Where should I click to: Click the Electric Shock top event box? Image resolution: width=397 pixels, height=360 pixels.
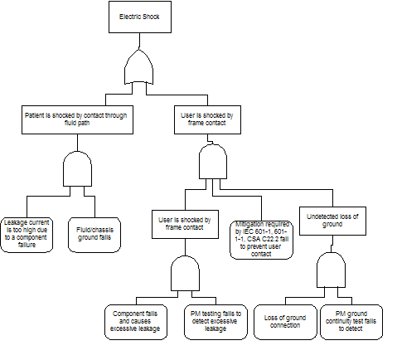pyautogui.click(x=140, y=17)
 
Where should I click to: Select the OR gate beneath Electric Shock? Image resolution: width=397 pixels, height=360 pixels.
pyautogui.click(x=138, y=67)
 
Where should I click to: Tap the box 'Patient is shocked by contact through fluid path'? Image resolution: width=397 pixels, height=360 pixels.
pyautogui.click(x=77, y=119)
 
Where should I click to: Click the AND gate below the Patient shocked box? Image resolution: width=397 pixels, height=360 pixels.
pyautogui.click(x=77, y=168)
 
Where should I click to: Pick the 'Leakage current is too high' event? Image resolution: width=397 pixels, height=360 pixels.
pyautogui.click(x=27, y=235)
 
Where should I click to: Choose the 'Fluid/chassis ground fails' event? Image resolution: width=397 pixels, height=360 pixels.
pyautogui.click(x=94, y=235)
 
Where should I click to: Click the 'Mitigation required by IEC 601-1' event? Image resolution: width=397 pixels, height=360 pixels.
pyautogui.click(x=261, y=240)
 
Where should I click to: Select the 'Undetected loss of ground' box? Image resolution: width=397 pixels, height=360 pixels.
pyautogui.click(x=332, y=221)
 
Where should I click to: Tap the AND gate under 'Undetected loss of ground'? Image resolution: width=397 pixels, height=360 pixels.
pyautogui.click(x=331, y=270)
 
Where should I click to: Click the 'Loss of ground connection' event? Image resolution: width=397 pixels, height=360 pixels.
pyautogui.click(x=285, y=322)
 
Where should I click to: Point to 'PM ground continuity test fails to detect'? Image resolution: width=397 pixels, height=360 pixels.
pyautogui.click(x=351, y=322)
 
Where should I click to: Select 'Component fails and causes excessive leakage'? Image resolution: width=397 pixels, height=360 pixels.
pyautogui.click(x=136, y=322)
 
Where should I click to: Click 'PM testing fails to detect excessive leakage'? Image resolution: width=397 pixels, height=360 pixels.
pyautogui.click(x=215, y=322)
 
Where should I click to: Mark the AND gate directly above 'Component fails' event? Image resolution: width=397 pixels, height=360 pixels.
pyautogui.click(x=185, y=274)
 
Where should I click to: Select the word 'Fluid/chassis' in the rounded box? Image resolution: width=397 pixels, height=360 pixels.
pyautogui.click(x=94, y=230)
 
